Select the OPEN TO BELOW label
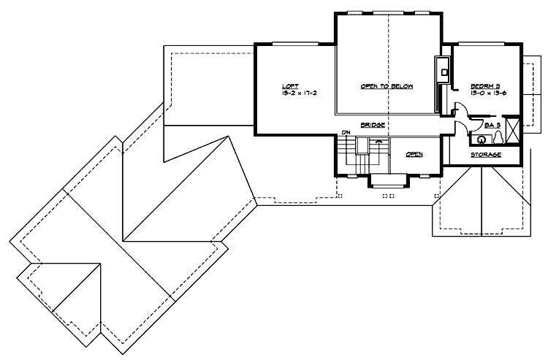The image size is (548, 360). pos(387,86)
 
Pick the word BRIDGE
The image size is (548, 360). pos(372,125)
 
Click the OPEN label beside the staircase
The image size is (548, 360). pos(414,154)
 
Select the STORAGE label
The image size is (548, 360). pos(486,155)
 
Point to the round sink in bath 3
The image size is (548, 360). pos(482,138)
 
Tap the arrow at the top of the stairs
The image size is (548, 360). pos(378,142)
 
